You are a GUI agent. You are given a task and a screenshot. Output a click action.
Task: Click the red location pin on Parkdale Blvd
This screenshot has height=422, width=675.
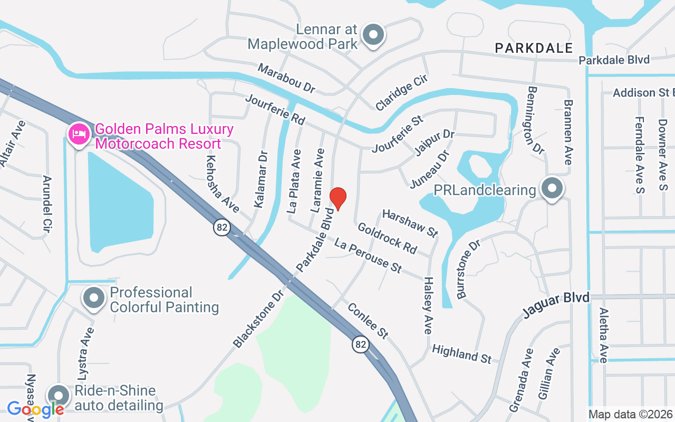337,198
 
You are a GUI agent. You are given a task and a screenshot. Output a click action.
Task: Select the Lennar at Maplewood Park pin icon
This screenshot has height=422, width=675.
374,35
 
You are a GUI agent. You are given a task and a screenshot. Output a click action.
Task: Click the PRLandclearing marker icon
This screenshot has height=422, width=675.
552,188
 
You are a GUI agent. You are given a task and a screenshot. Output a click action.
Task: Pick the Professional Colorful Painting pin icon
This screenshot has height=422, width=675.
94,298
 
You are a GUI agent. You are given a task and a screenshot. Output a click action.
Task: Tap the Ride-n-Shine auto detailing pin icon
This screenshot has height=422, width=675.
59,396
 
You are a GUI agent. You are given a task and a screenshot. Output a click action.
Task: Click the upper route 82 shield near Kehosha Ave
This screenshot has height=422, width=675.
222,227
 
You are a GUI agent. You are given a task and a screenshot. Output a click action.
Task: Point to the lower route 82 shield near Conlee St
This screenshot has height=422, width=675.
361,344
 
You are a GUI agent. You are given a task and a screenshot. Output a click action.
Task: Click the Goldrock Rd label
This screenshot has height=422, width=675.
387,238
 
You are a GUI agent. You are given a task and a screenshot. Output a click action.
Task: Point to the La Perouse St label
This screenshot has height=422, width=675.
368,255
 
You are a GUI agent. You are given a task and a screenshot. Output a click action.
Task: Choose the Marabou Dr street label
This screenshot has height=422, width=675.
286,79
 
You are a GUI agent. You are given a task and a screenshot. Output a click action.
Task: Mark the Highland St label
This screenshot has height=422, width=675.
461,353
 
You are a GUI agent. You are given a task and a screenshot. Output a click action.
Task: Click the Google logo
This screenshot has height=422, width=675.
35,409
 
